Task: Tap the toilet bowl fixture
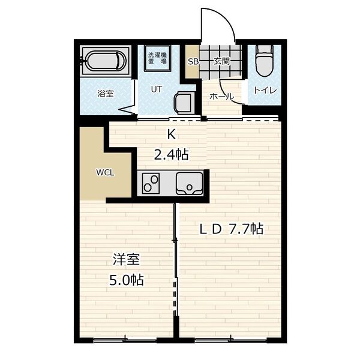(x=265, y=61)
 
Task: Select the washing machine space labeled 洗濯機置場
(x=157, y=58)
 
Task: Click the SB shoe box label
(x=193, y=62)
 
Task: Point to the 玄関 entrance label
(x=221, y=61)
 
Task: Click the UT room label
(x=157, y=89)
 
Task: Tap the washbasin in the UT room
(x=183, y=103)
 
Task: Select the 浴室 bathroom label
(x=106, y=94)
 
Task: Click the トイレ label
(x=265, y=91)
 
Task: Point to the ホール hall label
(x=221, y=97)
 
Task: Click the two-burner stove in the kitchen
(x=151, y=183)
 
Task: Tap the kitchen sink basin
(x=190, y=184)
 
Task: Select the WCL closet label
(x=105, y=172)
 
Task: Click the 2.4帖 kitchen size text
(x=171, y=155)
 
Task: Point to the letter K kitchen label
(x=171, y=134)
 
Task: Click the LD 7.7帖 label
(x=231, y=229)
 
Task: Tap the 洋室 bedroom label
(x=126, y=259)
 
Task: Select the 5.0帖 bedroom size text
(x=127, y=280)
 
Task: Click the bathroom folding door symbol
(x=128, y=110)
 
